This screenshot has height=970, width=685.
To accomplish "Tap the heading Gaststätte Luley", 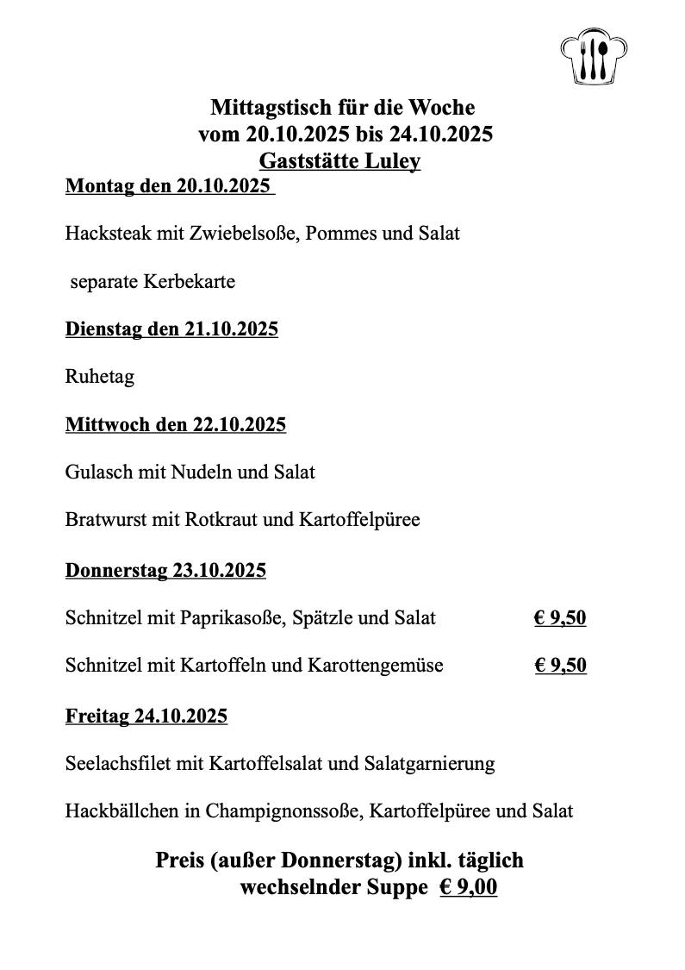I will [x=339, y=161].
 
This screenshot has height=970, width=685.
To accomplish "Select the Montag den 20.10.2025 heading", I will [x=169, y=186].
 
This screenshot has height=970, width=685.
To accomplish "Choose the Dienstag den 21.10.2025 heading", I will [x=171, y=329].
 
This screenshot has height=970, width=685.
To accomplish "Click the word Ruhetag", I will [x=99, y=378].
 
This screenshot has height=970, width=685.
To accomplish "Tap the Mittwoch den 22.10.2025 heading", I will [x=176, y=425].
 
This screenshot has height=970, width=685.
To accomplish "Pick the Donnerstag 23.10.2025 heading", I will [x=165, y=570].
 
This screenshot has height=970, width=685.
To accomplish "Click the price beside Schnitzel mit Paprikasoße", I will [x=560, y=617].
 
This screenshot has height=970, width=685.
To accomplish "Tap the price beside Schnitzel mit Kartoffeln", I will [x=560, y=665].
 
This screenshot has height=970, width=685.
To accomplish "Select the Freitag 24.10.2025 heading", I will [x=146, y=716].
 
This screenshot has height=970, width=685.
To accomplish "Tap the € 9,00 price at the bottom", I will [x=468, y=887].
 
